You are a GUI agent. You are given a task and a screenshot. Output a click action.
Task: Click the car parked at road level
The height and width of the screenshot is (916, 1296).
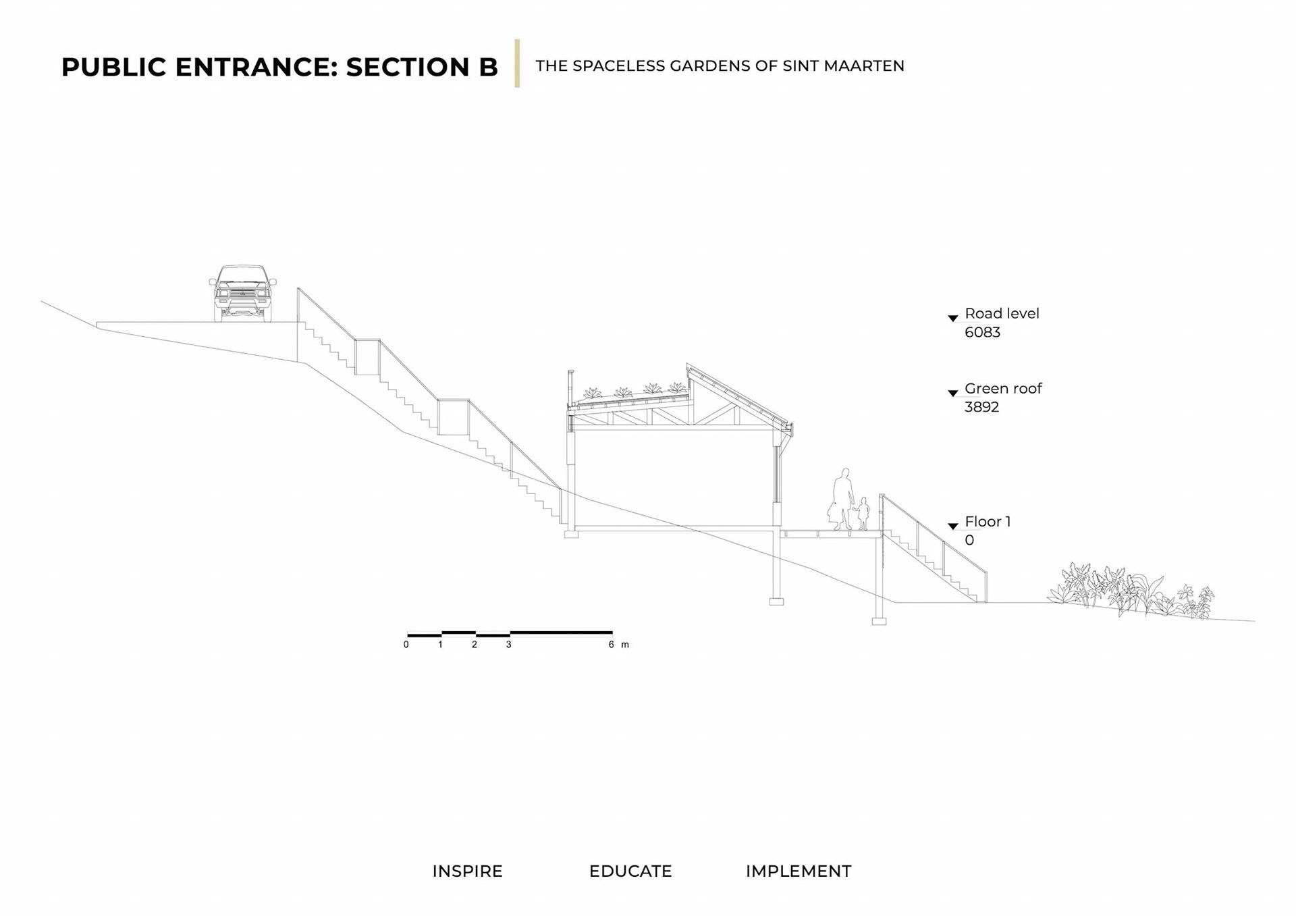pos(242,293)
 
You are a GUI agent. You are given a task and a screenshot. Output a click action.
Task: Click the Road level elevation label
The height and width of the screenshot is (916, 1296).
pos(1002,313)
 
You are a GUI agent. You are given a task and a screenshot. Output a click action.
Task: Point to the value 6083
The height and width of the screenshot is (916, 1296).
pos(982,332)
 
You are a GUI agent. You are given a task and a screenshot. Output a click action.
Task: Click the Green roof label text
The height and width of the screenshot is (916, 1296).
pos(1003,388)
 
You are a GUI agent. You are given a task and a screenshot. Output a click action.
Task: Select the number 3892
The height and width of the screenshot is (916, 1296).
pos(981,407)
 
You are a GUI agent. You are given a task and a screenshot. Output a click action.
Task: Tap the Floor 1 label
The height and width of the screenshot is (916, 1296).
pos(988,521)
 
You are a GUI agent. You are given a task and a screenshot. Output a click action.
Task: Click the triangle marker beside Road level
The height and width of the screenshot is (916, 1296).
pos(953,318)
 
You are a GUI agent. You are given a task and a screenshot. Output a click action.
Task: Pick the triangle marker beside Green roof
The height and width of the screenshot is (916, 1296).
pos(953,393)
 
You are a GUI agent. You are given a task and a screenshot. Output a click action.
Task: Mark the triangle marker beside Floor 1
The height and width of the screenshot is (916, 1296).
pos(953,526)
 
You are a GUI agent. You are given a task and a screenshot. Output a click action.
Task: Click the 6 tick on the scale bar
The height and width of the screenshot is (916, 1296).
pos(612,645)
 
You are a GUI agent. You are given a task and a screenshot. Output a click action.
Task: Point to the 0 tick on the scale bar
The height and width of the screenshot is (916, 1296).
pos(406,645)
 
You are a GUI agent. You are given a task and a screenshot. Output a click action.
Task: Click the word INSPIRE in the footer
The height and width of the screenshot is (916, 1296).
pos(467,871)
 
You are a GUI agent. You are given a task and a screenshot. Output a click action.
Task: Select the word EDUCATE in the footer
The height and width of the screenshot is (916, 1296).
pos(630,871)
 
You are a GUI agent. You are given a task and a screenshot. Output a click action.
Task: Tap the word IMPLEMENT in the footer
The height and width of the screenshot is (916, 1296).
pos(799,871)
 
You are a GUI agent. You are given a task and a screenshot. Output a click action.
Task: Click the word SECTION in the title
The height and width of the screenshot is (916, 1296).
pos(408,67)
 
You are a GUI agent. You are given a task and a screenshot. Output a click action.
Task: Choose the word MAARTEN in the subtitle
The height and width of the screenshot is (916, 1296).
pos(864,66)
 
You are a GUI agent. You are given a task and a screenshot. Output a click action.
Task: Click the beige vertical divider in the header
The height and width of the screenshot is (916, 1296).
pos(517,63)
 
